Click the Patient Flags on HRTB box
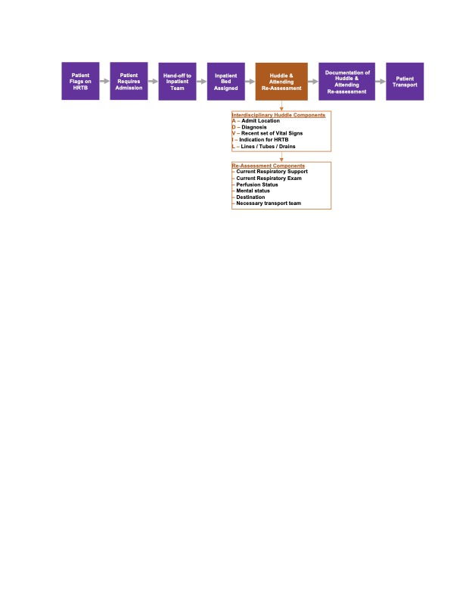[x=80, y=81]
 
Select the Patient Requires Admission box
[x=129, y=81]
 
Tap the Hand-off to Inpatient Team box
[x=177, y=82]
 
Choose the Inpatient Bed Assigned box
[x=225, y=82]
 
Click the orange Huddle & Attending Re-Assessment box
[x=281, y=82]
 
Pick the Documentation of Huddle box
[x=346, y=82]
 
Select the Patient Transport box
[x=405, y=82]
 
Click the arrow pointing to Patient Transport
[x=381, y=82]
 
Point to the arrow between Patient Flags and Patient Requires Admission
[x=104, y=81]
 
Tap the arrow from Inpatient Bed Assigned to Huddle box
[x=250, y=82]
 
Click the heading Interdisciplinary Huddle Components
[x=278, y=115]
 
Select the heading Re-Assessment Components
[x=268, y=166]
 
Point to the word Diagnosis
[x=254, y=127]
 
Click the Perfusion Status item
[x=257, y=185]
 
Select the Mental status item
[x=253, y=191]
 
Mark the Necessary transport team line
[x=269, y=203]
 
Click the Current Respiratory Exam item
[x=269, y=178]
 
